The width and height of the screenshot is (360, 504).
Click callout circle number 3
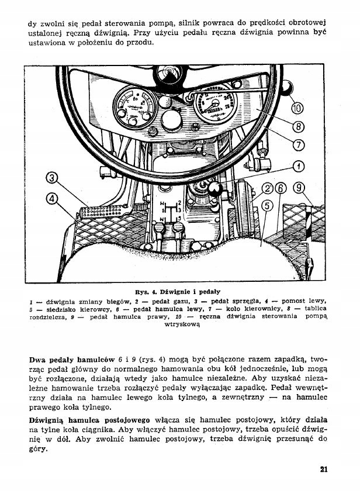click(52, 179)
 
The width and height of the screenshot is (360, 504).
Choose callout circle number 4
click(52, 198)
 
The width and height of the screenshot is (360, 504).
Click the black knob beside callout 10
click(286, 88)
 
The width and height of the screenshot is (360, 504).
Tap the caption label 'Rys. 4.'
click(144, 289)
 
